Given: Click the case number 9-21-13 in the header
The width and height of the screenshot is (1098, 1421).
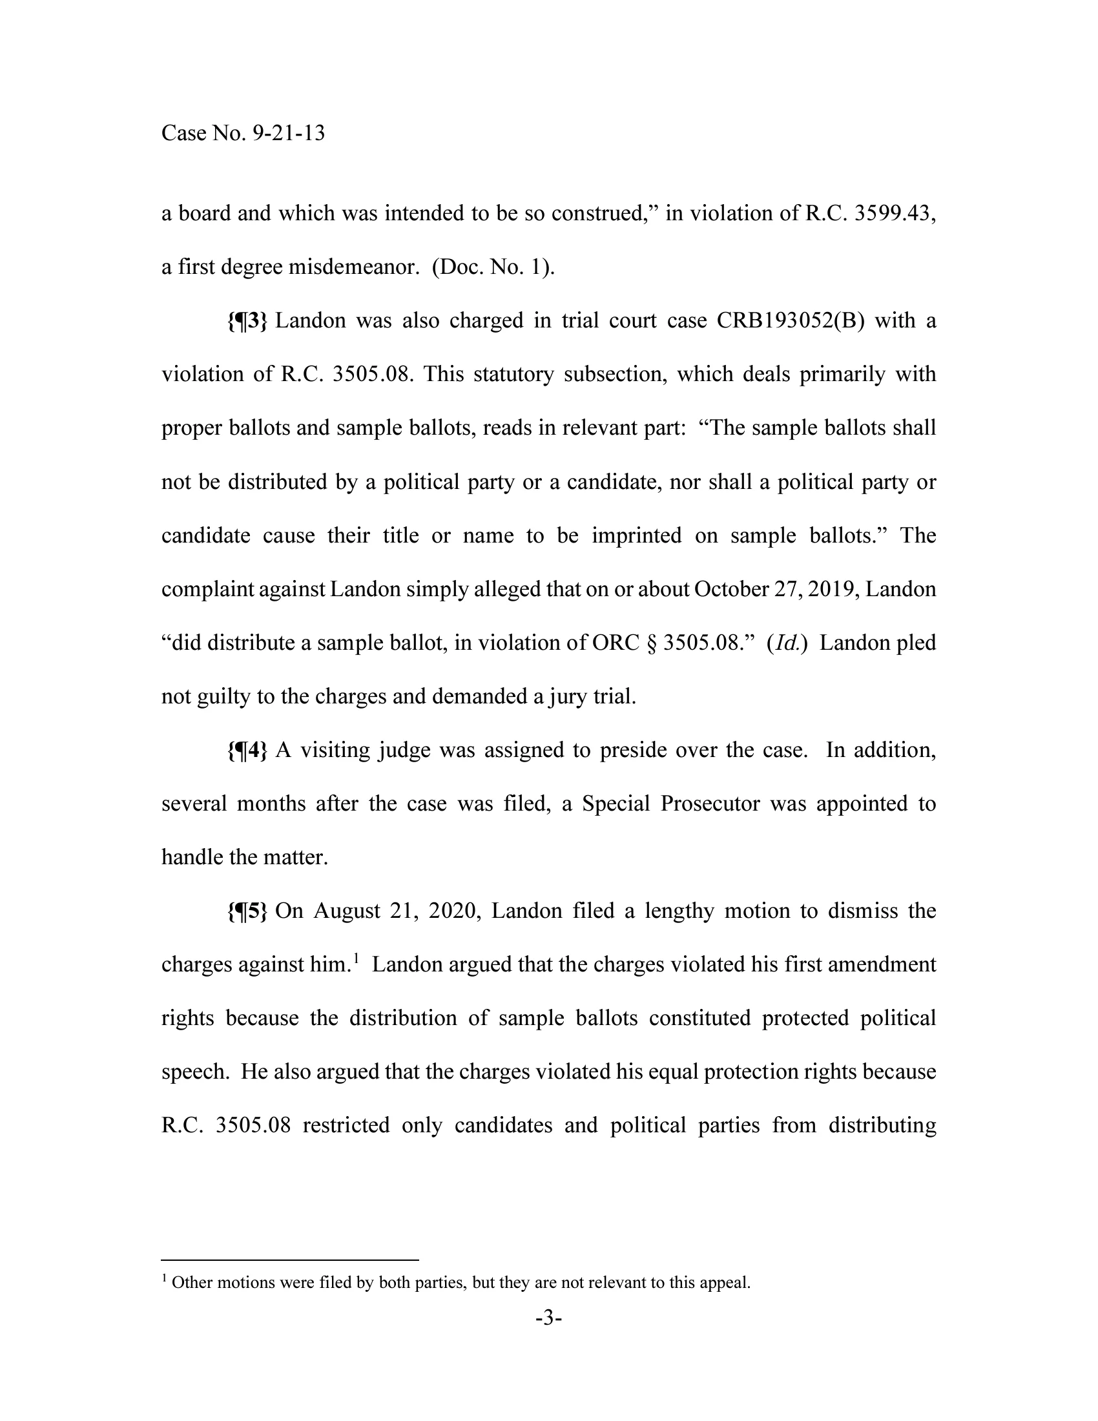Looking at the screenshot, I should (x=288, y=134).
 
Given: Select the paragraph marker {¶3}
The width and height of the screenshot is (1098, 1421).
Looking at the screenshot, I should (x=247, y=321).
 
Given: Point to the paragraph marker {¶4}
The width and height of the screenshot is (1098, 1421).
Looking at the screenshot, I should (x=247, y=750).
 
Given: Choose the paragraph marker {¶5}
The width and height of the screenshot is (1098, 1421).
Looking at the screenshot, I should (x=247, y=911).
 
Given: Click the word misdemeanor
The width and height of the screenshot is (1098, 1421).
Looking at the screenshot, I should (x=354, y=267).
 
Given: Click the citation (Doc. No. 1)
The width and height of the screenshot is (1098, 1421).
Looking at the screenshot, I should (x=493, y=267).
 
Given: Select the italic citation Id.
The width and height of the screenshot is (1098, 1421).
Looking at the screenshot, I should (x=787, y=643).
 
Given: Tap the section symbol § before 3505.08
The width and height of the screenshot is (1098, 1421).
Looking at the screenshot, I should (x=651, y=643).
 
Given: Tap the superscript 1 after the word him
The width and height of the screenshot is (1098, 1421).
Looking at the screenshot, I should (x=357, y=959).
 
